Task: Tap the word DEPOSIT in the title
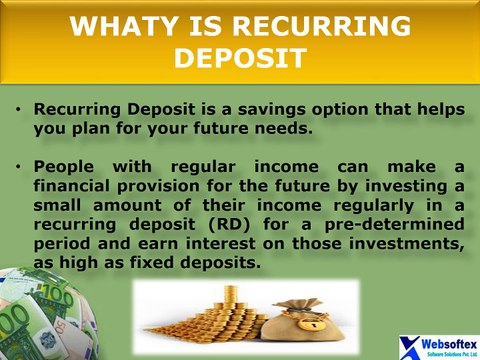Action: pyautogui.click(x=239, y=58)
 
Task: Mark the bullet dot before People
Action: pyautogui.click(x=21, y=167)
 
